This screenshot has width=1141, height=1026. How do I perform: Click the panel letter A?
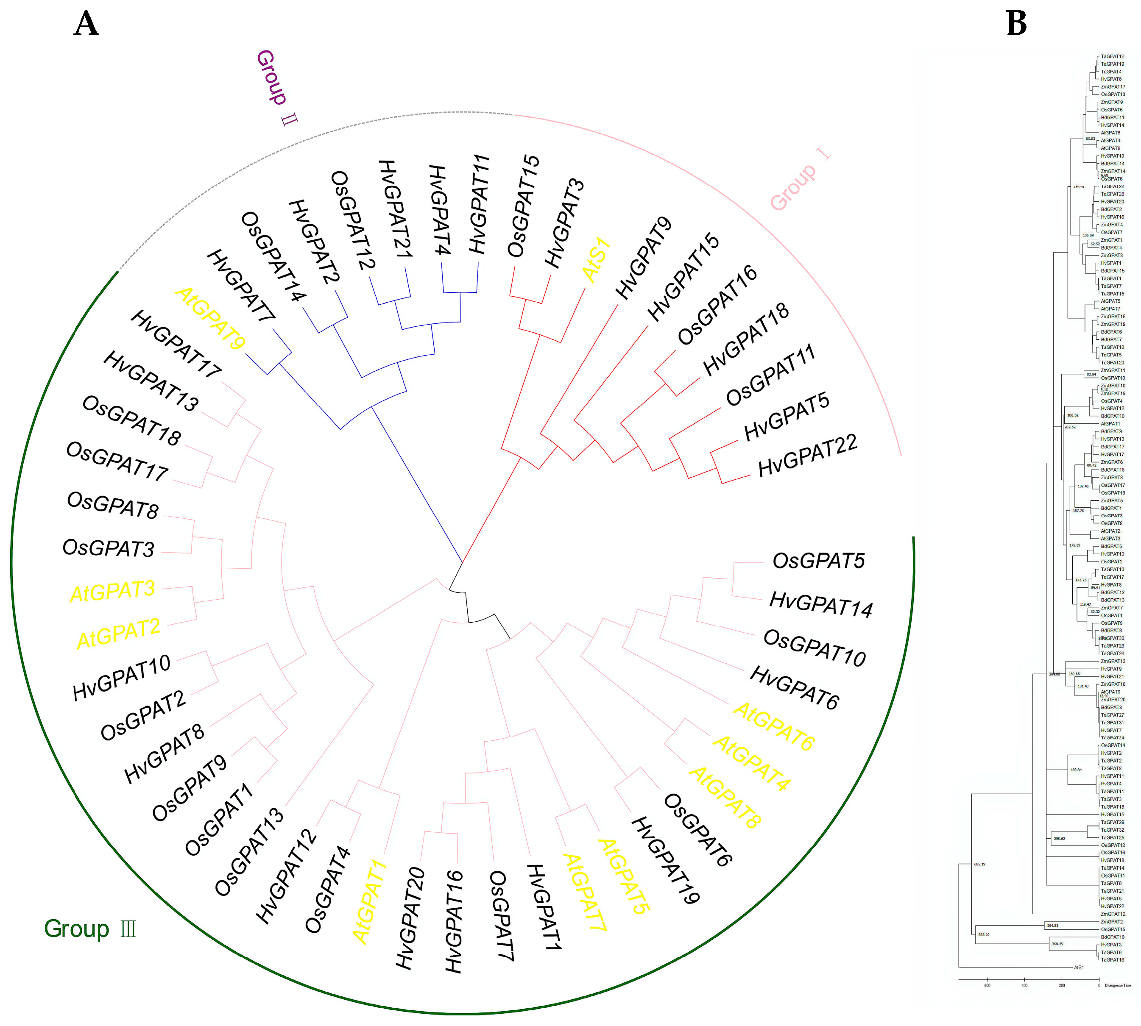[x=86, y=24]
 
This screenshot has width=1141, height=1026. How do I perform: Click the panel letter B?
[x=1016, y=24]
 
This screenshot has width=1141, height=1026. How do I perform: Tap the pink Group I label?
[x=800, y=179]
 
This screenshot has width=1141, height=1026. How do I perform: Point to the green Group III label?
[x=90, y=929]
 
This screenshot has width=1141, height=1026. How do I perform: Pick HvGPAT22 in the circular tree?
[x=807, y=456]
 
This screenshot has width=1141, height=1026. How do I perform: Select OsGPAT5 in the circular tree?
[x=818, y=561]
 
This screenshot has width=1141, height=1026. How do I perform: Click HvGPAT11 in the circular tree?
[x=480, y=204]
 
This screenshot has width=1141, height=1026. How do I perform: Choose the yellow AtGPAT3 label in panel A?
[x=112, y=591]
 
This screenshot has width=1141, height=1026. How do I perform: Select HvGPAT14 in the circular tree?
[x=820, y=604]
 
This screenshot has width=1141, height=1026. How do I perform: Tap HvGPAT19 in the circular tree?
[x=666, y=860]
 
